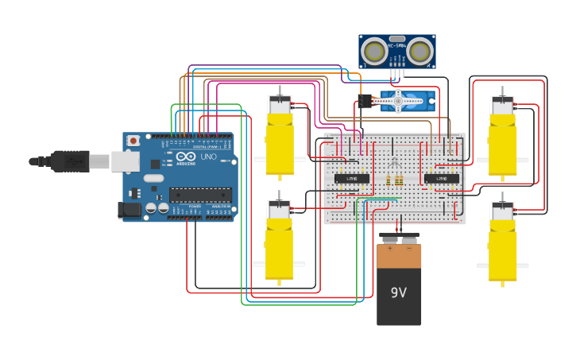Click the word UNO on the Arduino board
click(208, 157)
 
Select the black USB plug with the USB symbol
click(72, 161)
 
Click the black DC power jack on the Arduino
click(130, 211)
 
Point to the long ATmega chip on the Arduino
click(200, 195)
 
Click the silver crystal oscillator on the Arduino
click(153, 178)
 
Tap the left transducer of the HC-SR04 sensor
click(374, 52)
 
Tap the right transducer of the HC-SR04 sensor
click(420, 52)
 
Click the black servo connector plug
click(365, 101)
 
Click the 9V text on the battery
click(399, 292)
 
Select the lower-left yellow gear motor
click(279, 241)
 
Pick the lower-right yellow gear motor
click(502, 242)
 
